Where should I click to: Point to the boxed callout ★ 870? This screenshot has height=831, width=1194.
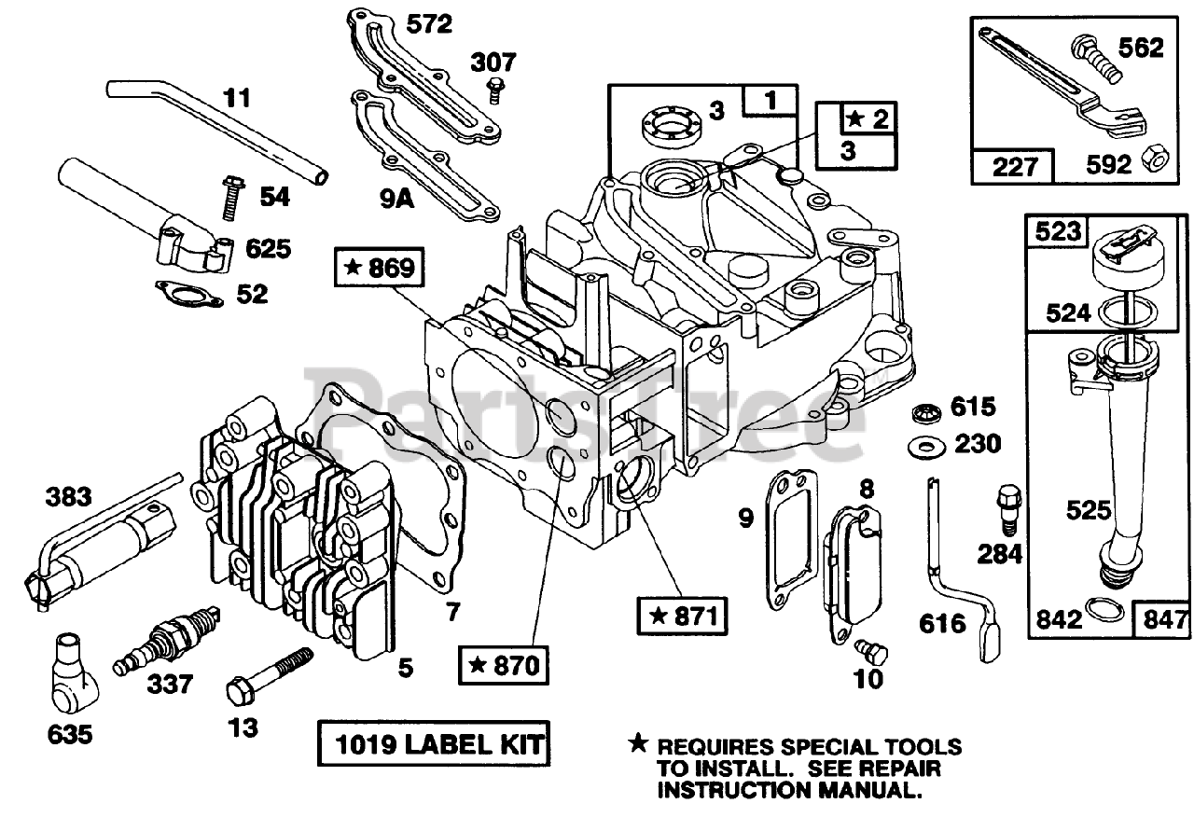504,666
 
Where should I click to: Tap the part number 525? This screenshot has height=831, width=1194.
1089,510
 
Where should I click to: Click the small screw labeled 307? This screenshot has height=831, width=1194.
495,91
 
